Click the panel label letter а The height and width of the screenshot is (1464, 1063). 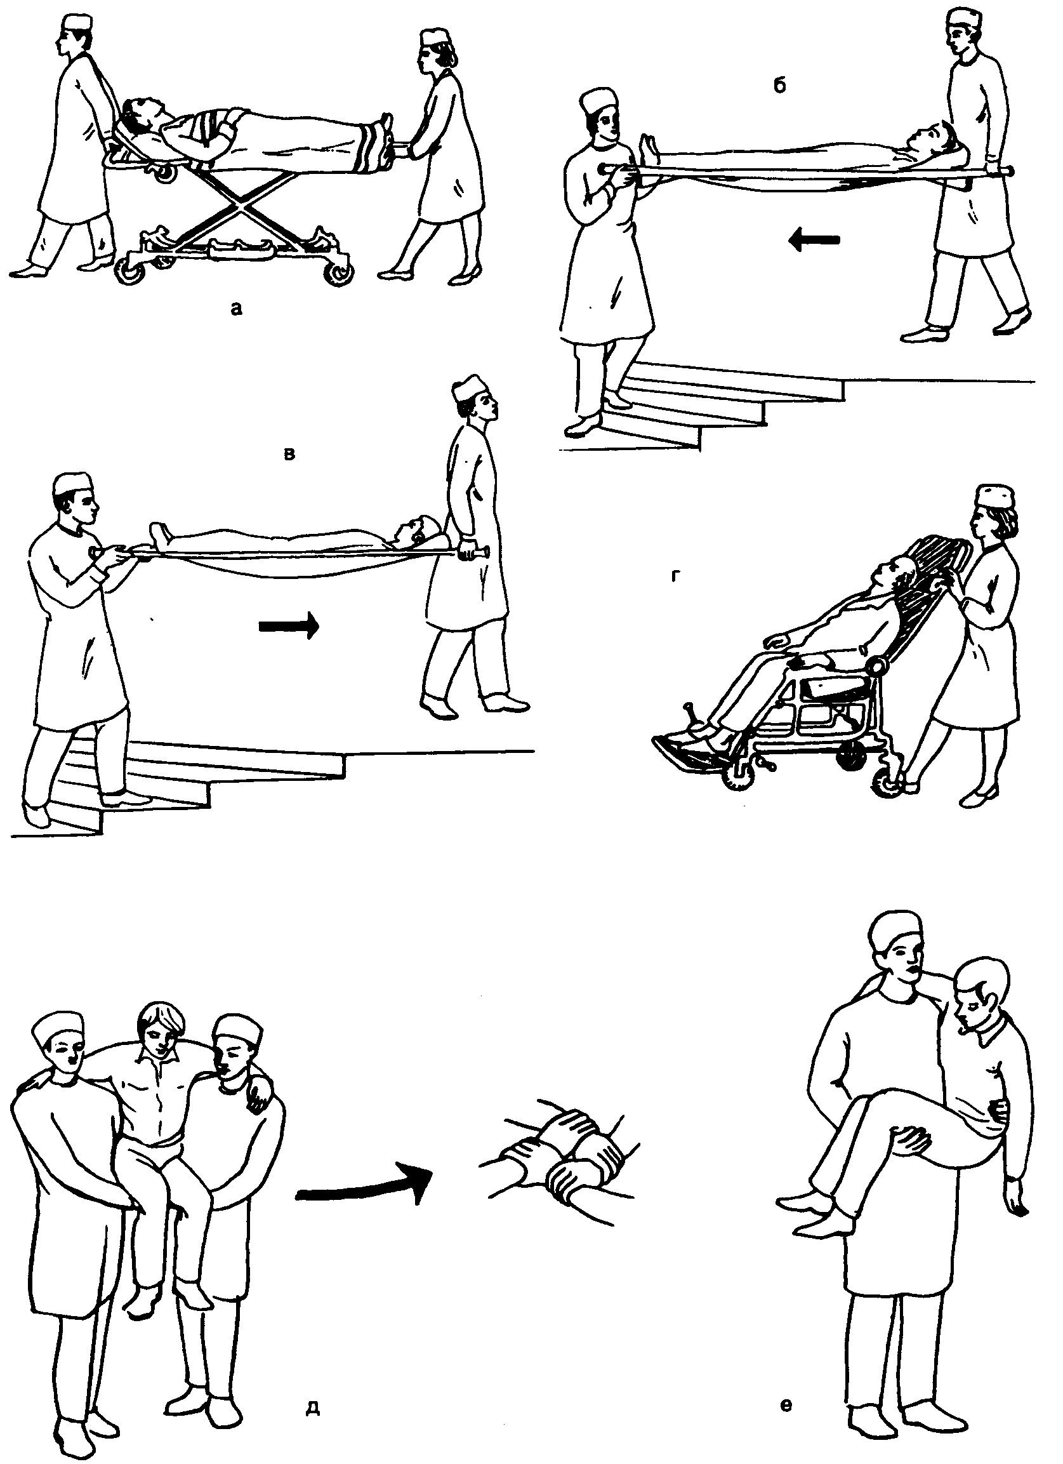point(237,310)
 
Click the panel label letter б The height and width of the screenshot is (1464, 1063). point(780,86)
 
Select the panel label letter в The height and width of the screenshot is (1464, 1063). point(290,454)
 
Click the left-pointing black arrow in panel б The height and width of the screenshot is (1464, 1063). point(815,240)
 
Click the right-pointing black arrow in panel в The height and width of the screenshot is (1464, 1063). point(289,625)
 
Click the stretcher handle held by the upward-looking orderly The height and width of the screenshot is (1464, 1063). point(472,552)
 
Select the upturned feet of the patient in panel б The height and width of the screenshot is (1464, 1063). point(649,149)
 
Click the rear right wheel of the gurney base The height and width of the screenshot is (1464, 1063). point(338,274)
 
